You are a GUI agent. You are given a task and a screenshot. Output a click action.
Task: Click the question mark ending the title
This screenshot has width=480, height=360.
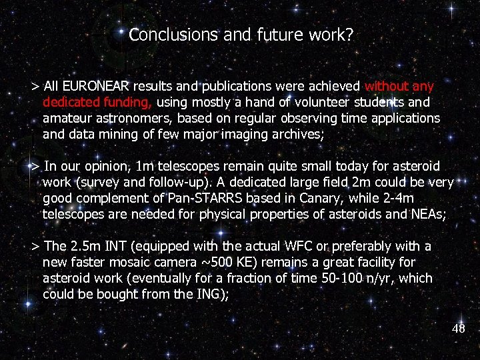[x=349, y=35]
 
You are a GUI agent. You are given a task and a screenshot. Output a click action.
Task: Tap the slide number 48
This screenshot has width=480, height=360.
[x=459, y=329]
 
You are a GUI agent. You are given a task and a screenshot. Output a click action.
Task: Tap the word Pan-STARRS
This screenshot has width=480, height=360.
[x=207, y=197]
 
